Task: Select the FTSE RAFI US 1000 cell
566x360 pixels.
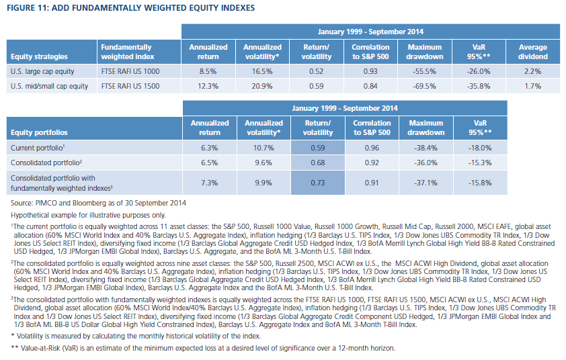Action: click(x=139, y=71)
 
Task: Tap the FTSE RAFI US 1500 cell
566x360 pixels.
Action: click(x=139, y=86)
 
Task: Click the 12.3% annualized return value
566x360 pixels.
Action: click(x=208, y=86)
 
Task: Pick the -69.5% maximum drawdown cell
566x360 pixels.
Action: click(x=425, y=86)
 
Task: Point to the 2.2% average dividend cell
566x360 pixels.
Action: click(x=533, y=71)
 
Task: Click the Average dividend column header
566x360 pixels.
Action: click(x=533, y=52)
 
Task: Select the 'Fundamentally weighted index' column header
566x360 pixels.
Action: click(x=139, y=52)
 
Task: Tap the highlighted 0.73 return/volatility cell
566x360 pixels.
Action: click(x=318, y=183)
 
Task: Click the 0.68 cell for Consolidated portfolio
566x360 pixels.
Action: click(x=318, y=163)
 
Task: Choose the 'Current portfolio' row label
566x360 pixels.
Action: click(x=38, y=148)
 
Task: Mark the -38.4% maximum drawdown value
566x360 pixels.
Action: click(x=426, y=148)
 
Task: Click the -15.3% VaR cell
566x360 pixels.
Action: click(x=480, y=163)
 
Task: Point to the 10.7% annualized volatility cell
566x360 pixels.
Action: click(x=264, y=148)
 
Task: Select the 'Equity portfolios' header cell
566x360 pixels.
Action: click(x=94, y=128)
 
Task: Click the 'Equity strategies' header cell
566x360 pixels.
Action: click(x=52, y=52)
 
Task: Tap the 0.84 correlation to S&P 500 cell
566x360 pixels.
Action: click(x=370, y=86)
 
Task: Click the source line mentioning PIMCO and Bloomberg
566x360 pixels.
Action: click(x=98, y=203)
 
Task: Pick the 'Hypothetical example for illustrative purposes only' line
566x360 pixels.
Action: click(x=88, y=216)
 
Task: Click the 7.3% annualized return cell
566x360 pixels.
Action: click(x=209, y=183)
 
